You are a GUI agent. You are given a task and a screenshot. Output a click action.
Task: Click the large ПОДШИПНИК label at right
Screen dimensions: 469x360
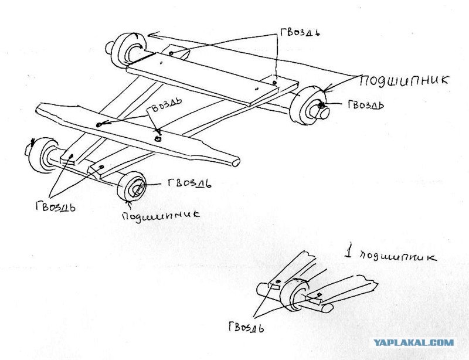pyautogui.click(x=404, y=80)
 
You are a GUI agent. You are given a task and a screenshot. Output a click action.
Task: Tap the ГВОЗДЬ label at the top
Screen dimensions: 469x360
pyautogui.click(x=300, y=32)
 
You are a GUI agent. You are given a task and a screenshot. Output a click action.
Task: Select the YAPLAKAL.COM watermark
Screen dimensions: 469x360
pyautogui.click(x=414, y=342)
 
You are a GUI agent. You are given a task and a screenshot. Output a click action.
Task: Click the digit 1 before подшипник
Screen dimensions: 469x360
pyautogui.click(x=348, y=251)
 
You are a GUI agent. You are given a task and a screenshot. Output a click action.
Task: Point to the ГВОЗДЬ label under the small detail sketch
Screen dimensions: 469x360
pyautogui.click(x=246, y=327)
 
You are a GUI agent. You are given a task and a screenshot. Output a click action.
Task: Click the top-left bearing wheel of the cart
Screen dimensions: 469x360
pyautogui.click(x=127, y=49)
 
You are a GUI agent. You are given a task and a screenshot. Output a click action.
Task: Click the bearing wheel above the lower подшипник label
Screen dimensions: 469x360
pyautogui.click(x=131, y=186)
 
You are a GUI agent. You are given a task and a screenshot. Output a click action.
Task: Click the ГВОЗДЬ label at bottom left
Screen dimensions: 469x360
pyautogui.click(x=56, y=206)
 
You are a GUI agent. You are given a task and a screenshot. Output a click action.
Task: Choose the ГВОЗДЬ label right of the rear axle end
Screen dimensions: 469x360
pyautogui.click(x=366, y=104)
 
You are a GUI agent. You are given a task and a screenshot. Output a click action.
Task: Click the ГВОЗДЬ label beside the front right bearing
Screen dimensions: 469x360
pyautogui.click(x=189, y=183)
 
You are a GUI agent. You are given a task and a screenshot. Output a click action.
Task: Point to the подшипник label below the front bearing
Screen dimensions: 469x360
pyautogui.click(x=160, y=215)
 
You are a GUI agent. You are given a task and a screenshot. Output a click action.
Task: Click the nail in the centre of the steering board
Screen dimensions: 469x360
pyautogui.click(x=157, y=138)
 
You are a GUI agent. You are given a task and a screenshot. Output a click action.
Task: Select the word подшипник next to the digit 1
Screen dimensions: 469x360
pyautogui.click(x=398, y=257)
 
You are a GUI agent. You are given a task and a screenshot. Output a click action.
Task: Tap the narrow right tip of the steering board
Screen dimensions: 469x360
pyautogui.click(x=236, y=162)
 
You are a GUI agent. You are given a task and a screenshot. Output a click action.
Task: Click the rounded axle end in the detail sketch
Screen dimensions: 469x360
pyautogui.click(x=328, y=308)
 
